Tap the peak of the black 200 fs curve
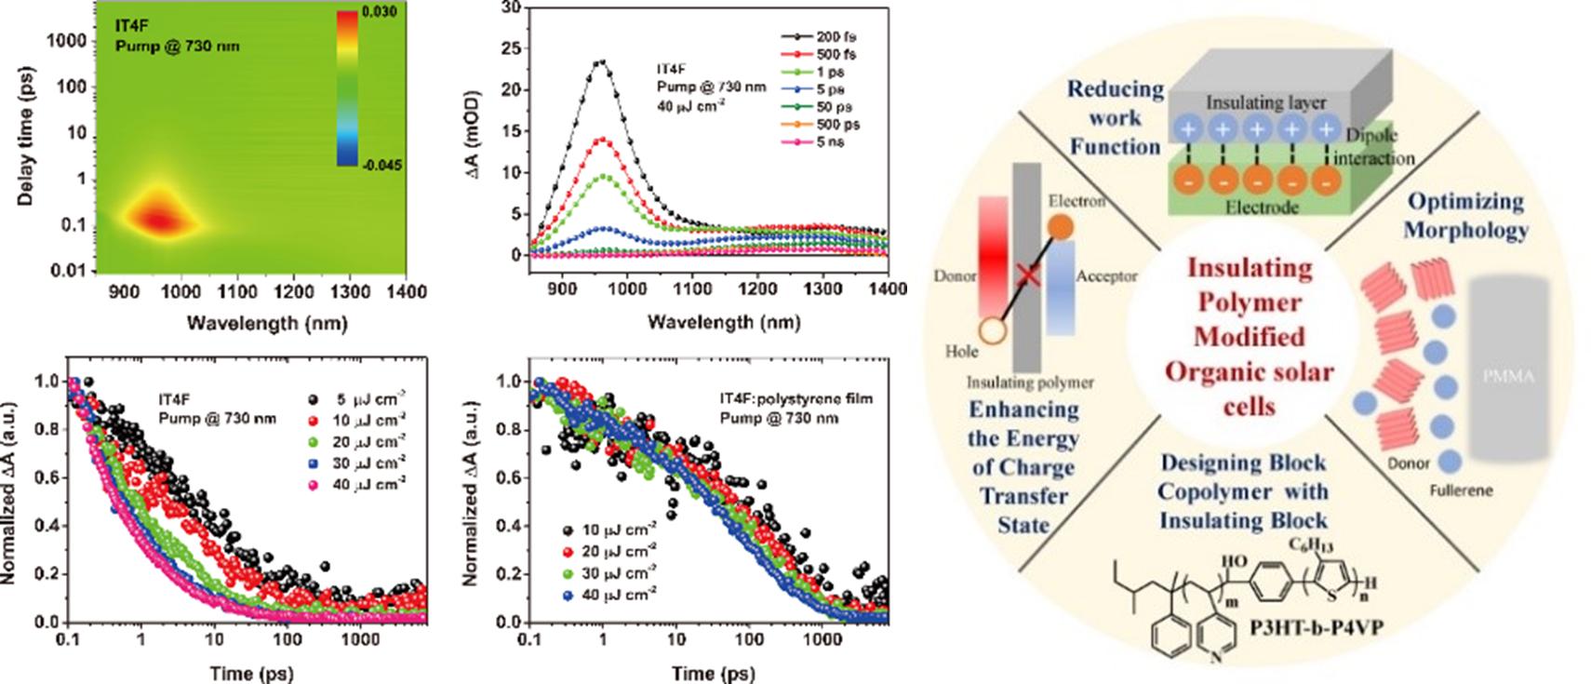coord(602,62)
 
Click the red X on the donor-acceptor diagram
coord(1027,275)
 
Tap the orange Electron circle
coord(1060,226)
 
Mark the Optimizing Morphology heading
coord(1464,215)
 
